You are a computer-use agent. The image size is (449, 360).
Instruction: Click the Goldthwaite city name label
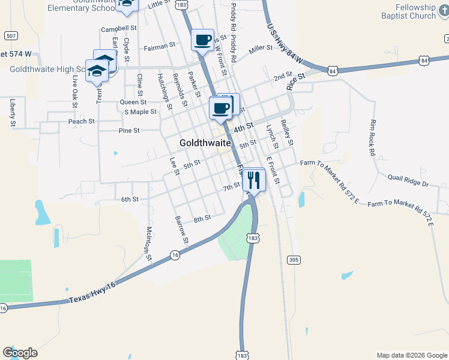205,143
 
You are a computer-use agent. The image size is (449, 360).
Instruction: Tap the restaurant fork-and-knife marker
254,179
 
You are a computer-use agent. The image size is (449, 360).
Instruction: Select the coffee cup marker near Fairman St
203,40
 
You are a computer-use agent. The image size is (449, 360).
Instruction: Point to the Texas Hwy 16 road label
91,292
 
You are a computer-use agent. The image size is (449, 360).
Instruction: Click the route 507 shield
10,35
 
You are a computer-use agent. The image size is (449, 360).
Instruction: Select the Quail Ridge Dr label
408,181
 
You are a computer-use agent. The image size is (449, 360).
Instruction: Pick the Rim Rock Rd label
372,137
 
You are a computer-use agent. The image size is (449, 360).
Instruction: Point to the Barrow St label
181,231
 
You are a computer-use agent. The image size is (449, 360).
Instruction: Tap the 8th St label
202,218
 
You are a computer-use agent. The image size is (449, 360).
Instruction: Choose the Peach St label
82,121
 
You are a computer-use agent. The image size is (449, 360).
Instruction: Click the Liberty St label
12,113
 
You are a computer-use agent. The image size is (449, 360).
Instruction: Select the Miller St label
261,48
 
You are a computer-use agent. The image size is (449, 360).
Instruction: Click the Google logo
20,353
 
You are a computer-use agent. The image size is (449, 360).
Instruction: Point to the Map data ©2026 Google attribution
411,355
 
